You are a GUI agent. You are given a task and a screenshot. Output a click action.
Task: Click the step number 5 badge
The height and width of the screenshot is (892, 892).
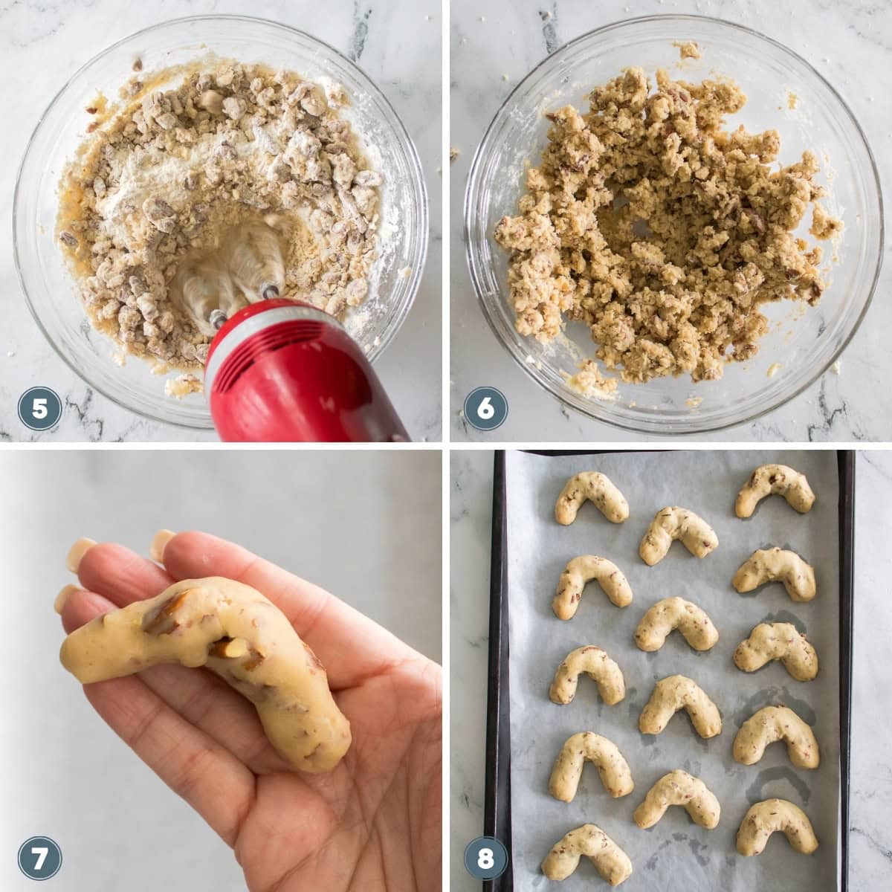39,408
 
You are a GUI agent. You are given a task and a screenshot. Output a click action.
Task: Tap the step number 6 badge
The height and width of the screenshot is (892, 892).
485,408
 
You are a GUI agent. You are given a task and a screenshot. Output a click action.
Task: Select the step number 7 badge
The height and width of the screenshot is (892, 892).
39,859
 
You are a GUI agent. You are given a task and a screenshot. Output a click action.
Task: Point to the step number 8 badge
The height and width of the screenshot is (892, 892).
485,859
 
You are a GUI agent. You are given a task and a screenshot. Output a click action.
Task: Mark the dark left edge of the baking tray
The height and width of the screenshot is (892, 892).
497,669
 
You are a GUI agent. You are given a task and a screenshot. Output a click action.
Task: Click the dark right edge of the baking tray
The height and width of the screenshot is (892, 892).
846,669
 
